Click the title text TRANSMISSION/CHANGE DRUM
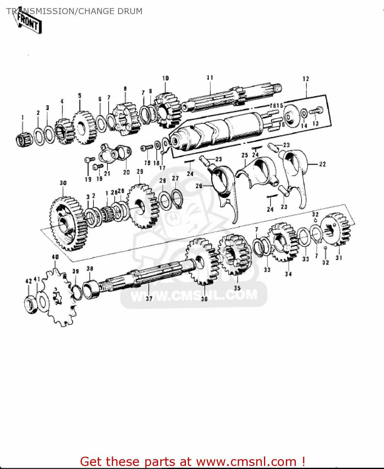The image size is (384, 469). (74, 11)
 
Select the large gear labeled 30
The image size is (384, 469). (67, 224)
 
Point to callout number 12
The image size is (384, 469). (306, 79)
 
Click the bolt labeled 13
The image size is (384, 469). (316, 111)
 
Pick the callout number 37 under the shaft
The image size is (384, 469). (149, 298)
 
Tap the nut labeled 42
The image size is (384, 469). (31, 304)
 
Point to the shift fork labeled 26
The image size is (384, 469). (225, 191)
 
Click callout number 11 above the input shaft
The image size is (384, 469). (210, 78)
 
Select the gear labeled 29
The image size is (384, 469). (142, 206)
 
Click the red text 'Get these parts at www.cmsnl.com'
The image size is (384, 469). (192, 461)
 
